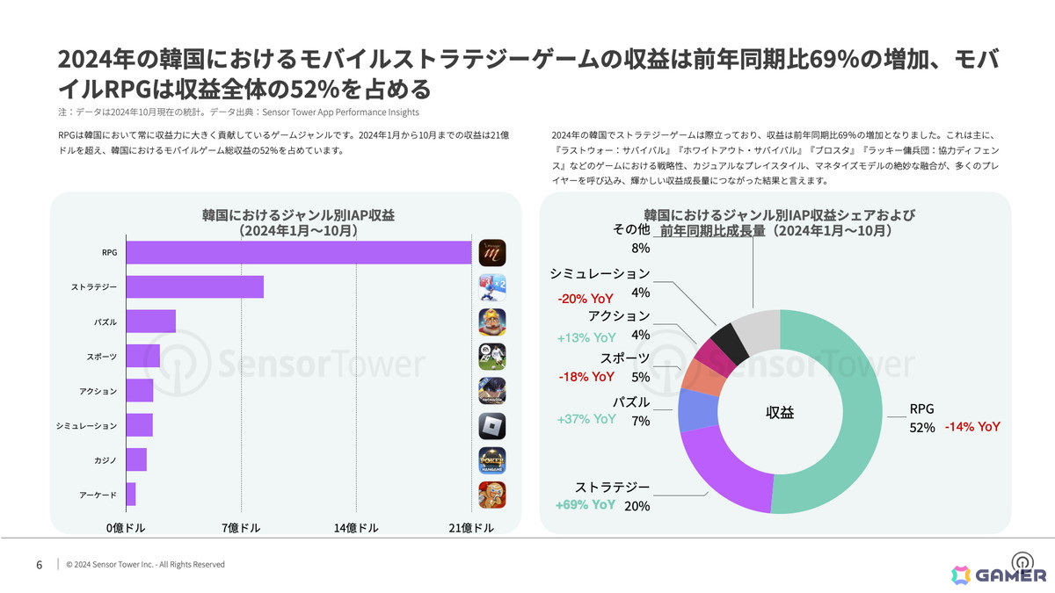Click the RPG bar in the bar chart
pyautogui.click(x=299, y=253)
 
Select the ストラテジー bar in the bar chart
pyautogui.click(x=195, y=287)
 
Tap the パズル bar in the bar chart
pyautogui.click(x=150, y=322)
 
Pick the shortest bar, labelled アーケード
pyautogui.click(x=131, y=494)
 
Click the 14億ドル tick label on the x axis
pyautogui.click(x=356, y=528)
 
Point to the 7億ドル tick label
pyautogui.click(x=241, y=528)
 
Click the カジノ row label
pyautogui.click(x=105, y=460)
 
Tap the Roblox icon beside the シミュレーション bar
pyautogui.click(x=492, y=426)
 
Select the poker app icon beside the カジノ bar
pyautogui.click(x=492, y=460)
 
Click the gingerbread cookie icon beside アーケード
pyautogui.click(x=492, y=495)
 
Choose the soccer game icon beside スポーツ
pyautogui.click(x=492, y=357)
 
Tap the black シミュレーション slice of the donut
pyautogui.click(x=730, y=344)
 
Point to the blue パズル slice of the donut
pyautogui.click(x=698, y=409)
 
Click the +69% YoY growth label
pyautogui.click(x=586, y=505)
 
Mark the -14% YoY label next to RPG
pyautogui.click(x=972, y=427)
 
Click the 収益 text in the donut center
pyautogui.click(x=780, y=412)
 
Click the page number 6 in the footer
pyautogui.click(x=39, y=565)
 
